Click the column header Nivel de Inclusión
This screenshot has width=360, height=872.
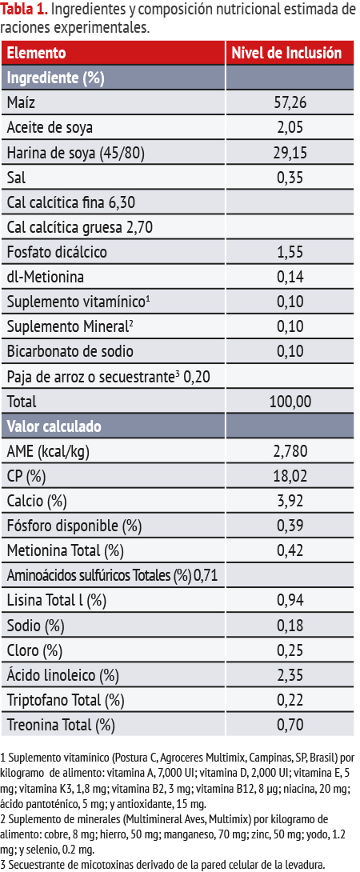(x=286, y=54)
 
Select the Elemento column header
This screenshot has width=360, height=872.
(x=36, y=54)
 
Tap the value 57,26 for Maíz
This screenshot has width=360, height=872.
(x=291, y=103)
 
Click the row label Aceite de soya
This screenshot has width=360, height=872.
(x=50, y=128)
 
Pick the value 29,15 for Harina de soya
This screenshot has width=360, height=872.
(x=291, y=153)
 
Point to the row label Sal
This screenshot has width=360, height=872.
(x=16, y=178)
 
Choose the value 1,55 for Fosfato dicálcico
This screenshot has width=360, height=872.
(x=290, y=253)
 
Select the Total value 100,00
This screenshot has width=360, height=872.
(x=290, y=402)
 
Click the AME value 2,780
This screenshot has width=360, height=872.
(x=291, y=451)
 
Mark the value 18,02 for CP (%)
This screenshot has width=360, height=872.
(x=291, y=477)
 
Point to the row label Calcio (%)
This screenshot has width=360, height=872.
(x=37, y=502)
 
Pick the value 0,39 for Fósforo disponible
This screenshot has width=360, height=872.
(x=290, y=526)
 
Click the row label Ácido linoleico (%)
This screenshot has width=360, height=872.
(x=63, y=676)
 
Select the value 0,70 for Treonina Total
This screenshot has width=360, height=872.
(x=290, y=725)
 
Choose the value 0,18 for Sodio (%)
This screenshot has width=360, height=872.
(x=290, y=626)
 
